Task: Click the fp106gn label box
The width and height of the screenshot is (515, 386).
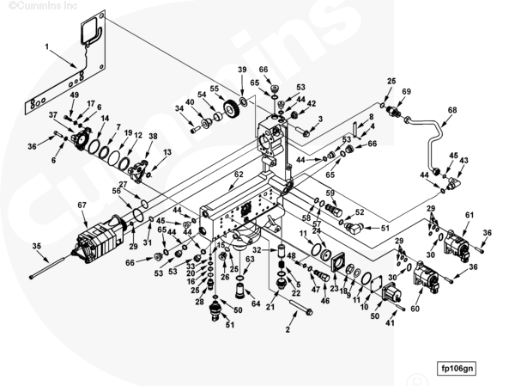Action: (x=457, y=368)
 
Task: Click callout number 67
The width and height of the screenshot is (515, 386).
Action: (x=82, y=205)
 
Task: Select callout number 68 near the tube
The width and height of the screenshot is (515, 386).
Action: (x=451, y=111)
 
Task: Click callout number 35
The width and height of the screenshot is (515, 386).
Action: (x=37, y=247)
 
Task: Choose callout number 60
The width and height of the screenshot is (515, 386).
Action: (x=415, y=308)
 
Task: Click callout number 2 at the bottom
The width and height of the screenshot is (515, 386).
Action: (x=288, y=329)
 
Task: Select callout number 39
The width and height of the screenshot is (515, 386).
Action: (x=242, y=70)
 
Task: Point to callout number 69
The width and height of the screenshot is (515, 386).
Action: (x=406, y=91)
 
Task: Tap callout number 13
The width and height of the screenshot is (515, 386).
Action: (x=167, y=152)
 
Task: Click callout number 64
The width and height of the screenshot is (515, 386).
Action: (x=255, y=303)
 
